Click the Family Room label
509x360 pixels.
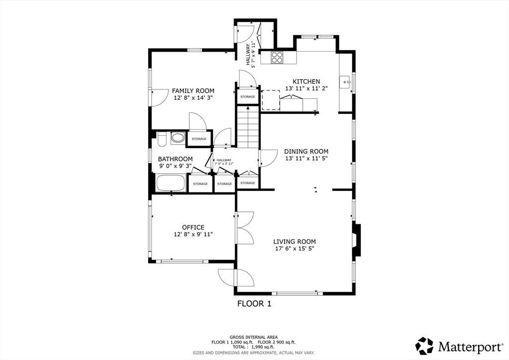tap(193, 91)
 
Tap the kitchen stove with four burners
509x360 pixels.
tap(277, 58)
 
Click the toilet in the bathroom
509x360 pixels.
tap(162, 139)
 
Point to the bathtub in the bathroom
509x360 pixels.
tap(171, 183)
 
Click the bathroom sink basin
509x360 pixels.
tap(177, 138)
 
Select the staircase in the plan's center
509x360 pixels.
tap(248, 127)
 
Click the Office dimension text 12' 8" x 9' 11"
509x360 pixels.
tap(193, 234)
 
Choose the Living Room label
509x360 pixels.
tap(294, 242)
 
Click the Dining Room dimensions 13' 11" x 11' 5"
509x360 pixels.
tap(306, 159)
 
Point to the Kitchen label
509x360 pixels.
tap(306, 82)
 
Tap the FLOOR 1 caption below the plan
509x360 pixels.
tap(254, 304)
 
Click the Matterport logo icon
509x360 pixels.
tap(424, 346)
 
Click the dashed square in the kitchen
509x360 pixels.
tap(271, 100)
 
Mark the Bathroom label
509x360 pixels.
tap(175, 159)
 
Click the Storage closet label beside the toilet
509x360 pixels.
tap(199, 139)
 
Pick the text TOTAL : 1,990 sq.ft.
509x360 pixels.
tap(254, 347)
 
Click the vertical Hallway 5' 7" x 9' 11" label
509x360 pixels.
tap(251, 55)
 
